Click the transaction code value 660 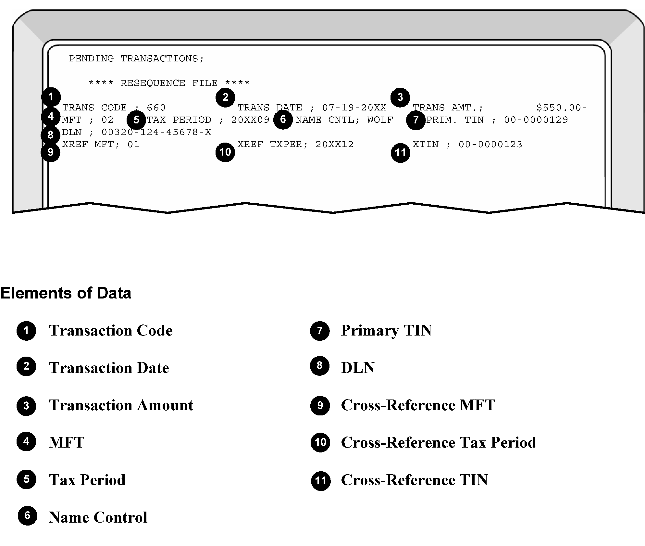pos(156,108)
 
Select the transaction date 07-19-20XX pos(354,108)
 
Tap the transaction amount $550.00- pos(562,108)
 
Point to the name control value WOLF pos(380,120)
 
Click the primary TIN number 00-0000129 pos(536,120)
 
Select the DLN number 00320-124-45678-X pos(156,132)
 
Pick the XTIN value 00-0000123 pos(490,144)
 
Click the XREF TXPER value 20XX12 pos(334,144)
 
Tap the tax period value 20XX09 pos(250,120)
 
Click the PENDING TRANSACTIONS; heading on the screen pos(137,59)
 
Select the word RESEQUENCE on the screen pos(153,83)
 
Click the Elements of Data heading pos(66,293)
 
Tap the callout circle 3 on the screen pos(400,97)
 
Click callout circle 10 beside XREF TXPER pos(225,152)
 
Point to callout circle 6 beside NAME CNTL pos(283,120)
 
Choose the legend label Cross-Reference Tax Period pos(439,442)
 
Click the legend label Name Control pos(98,517)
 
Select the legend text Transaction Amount pos(121,405)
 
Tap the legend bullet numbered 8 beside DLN pos(320,366)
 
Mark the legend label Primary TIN pos(386,330)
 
